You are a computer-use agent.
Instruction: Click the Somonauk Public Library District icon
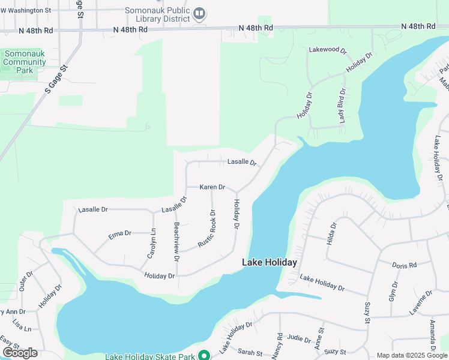click(x=200, y=13)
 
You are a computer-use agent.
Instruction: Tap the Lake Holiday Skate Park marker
click(x=203, y=356)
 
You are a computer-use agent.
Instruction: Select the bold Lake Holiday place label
click(x=270, y=263)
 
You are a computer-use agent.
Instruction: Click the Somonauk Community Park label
click(x=25, y=62)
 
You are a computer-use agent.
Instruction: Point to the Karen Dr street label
click(x=212, y=187)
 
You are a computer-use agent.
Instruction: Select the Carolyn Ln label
click(x=151, y=244)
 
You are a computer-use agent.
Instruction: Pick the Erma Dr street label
click(x=119, y=234)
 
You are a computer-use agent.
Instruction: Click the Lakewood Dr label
click(x=328, y=50)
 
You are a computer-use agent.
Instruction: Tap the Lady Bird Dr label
click(x=342, y=106)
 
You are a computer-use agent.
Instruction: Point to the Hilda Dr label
click(x=331, y=233)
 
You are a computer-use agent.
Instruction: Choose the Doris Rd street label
click(x=404, y=265)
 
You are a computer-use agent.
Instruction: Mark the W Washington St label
click(x=26, y=10)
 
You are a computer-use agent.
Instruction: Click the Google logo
click(x=20, y=353)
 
